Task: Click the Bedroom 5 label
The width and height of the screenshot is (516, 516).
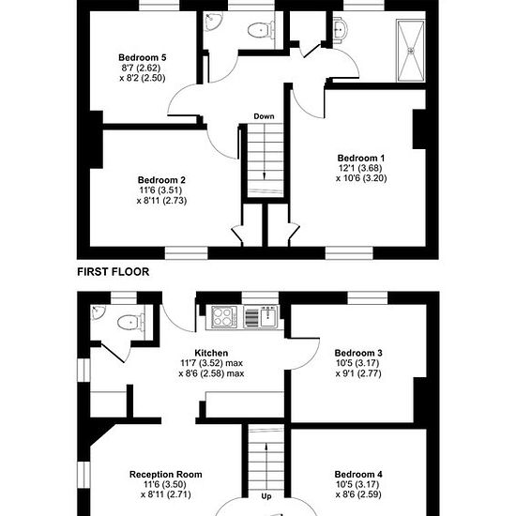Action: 143,57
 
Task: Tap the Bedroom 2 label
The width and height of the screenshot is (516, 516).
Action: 161,180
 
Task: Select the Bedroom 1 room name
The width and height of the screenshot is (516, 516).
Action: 361,158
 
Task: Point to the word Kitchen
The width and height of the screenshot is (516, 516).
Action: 211,353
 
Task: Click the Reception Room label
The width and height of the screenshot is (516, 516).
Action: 165,475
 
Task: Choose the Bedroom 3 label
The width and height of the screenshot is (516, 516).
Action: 358,353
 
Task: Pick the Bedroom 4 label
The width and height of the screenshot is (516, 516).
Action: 358,475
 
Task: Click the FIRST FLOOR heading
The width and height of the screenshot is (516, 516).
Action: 114,272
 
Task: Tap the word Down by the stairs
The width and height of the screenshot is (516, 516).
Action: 264,116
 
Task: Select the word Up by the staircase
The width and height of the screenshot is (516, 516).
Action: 266,496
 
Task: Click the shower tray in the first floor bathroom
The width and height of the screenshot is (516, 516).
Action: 411,50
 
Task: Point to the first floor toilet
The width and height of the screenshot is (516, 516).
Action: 261,30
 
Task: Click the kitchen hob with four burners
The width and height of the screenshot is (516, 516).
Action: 224,316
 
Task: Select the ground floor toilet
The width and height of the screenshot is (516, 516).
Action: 130,322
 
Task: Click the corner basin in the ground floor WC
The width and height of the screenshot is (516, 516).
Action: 98,312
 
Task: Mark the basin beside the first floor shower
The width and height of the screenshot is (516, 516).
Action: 340,30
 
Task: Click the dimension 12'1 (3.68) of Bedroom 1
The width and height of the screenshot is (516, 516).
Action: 360,168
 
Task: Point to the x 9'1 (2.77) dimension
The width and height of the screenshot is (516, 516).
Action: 358,373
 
